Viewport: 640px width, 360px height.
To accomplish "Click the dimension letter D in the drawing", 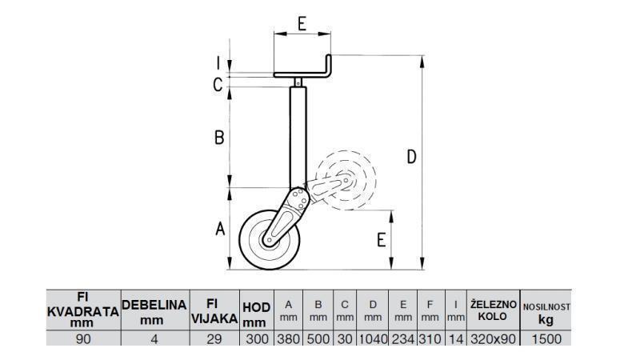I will click(411, 157).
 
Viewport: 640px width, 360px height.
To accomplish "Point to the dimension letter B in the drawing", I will click(218, 138).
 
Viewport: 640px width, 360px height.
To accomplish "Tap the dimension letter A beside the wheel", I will click(219, 230).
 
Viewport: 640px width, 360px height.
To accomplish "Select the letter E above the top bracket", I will click(302, 23).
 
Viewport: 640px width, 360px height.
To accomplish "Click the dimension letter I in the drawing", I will click(217, 62).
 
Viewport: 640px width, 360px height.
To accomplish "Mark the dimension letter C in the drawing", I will click(218, 84).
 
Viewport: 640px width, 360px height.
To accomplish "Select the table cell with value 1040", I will click(372, 338).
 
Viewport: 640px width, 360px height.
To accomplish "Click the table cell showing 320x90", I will click(494, 338).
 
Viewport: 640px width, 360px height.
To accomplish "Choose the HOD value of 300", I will click(255, 338).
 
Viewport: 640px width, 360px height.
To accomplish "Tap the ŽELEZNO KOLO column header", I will click(494, 310).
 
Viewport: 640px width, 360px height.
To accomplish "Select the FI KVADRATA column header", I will click(83, 310).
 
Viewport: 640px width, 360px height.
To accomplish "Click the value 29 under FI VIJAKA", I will click(214, 338).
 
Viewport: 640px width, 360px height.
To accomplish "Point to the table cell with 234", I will click(402, 338).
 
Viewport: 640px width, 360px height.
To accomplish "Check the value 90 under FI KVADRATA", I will click(83, 338).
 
